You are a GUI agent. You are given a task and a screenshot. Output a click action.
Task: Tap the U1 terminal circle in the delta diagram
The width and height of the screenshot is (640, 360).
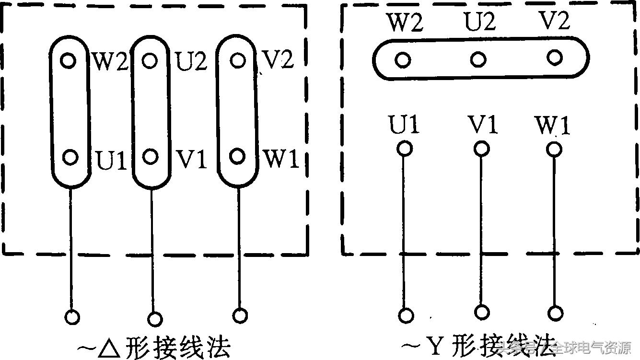[70, 157]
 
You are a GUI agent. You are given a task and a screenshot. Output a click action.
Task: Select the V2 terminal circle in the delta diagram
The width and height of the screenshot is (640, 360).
[238, 60]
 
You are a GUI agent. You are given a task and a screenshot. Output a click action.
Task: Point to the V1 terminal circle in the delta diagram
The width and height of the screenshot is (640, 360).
[151, 156]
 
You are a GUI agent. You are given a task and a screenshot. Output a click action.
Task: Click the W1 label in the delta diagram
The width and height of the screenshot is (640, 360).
[281, 159]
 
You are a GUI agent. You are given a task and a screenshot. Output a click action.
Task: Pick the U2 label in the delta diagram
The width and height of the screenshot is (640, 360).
[191, 61]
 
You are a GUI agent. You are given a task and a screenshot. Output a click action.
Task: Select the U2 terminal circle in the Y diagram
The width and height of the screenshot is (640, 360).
[478, 59]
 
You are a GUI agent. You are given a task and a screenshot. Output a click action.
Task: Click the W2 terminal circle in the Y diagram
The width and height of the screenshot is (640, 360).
[403, 60]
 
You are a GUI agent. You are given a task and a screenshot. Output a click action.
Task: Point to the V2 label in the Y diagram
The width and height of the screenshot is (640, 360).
[554, 21]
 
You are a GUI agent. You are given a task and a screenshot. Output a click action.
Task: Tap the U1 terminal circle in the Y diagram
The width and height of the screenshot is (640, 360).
[405, 149]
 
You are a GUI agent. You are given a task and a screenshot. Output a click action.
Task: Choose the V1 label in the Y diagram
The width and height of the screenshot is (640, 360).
[482, 124]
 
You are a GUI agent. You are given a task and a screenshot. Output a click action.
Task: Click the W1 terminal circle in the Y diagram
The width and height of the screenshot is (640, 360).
[554, 150]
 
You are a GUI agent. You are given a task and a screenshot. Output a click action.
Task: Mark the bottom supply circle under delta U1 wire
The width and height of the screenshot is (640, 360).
[72, 317]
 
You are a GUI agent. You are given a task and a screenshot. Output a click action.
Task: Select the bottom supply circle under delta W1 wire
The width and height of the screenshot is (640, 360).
[240, 315]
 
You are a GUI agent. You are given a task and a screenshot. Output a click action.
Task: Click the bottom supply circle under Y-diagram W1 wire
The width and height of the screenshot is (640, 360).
[556, 314]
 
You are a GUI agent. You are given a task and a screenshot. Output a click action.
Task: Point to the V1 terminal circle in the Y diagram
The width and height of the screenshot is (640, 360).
[481, 149]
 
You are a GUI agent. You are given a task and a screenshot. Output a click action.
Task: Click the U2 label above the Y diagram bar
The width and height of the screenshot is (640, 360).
[479, 22]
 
